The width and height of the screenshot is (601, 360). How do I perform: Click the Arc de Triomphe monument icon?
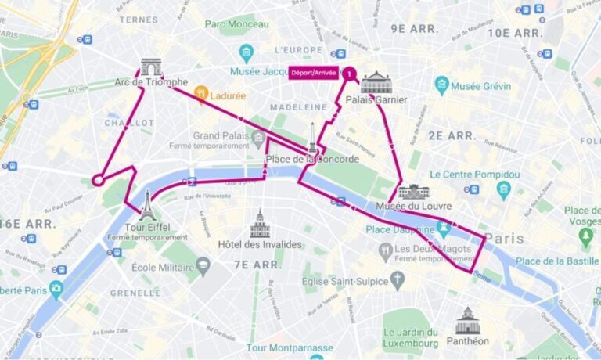(x=151, y=67)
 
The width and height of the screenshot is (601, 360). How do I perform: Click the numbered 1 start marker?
(x=350, y=74)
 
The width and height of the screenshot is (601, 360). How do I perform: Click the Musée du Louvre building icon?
(x=413, y=192)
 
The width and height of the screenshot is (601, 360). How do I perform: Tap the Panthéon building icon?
(x=466, y=321)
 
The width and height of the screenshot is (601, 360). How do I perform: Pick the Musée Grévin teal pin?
(x=442, y=85)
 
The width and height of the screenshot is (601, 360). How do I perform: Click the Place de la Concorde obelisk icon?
(x=312, y=139)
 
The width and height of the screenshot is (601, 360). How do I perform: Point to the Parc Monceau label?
(x=236, y=24)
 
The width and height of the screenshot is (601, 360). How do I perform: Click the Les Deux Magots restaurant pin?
(x=385, y=251)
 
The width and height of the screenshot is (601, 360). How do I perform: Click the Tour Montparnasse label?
(x=290, y=347)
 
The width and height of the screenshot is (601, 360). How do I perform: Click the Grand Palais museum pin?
(x=258, y=140)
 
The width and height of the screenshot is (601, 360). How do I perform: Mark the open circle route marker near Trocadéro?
(x=99, y=180)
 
